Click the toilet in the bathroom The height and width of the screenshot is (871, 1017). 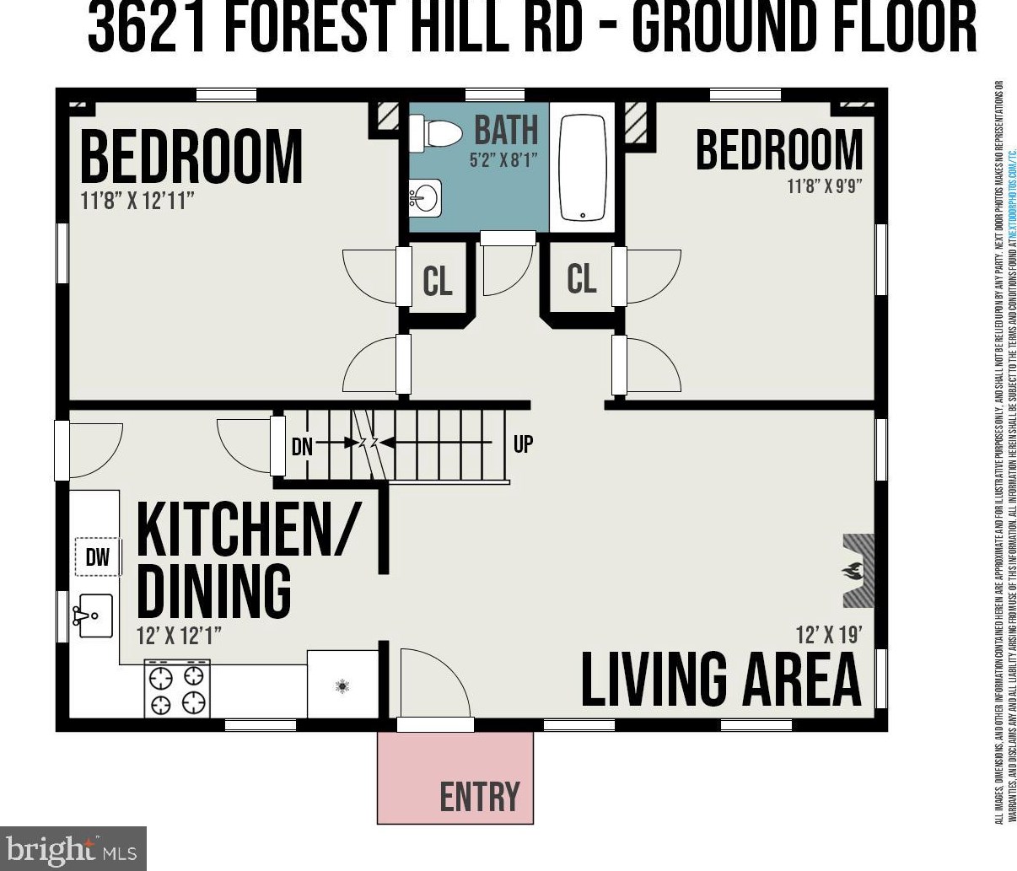click(438, 133)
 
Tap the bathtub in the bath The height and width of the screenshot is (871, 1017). click(582, 167)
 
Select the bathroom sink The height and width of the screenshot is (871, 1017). click(424, 198)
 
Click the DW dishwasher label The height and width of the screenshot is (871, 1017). click(98, 557)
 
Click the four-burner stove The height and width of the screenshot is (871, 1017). click(176, 688)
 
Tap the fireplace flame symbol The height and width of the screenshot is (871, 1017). click(853, 572)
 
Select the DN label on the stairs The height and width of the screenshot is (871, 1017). click(302, 446)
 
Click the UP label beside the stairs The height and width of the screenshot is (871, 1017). click(523, 444)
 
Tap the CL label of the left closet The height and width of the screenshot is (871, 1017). click(437, 281)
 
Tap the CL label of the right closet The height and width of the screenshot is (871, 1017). click(581, 277)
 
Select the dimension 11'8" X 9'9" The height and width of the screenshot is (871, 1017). click(824, 186)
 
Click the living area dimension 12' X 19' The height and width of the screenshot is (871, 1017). click(829, 634)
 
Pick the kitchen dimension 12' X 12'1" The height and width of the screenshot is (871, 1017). click(180, 635)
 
